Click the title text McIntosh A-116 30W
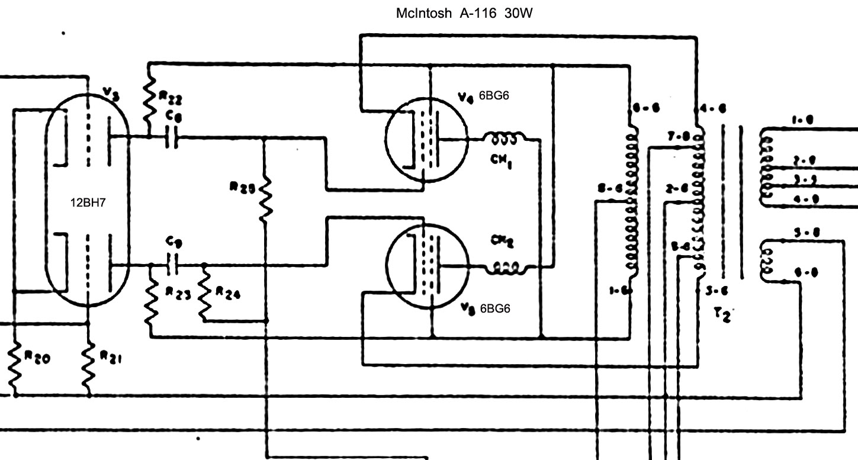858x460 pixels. tap(464, 13)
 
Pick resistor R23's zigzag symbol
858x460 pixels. tap(152, 301)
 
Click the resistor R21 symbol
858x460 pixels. tap(88, 364)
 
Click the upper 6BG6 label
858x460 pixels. tap(494, 96)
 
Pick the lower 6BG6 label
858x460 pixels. tap(495, 308)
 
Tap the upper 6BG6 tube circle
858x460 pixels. tap(426, 139)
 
